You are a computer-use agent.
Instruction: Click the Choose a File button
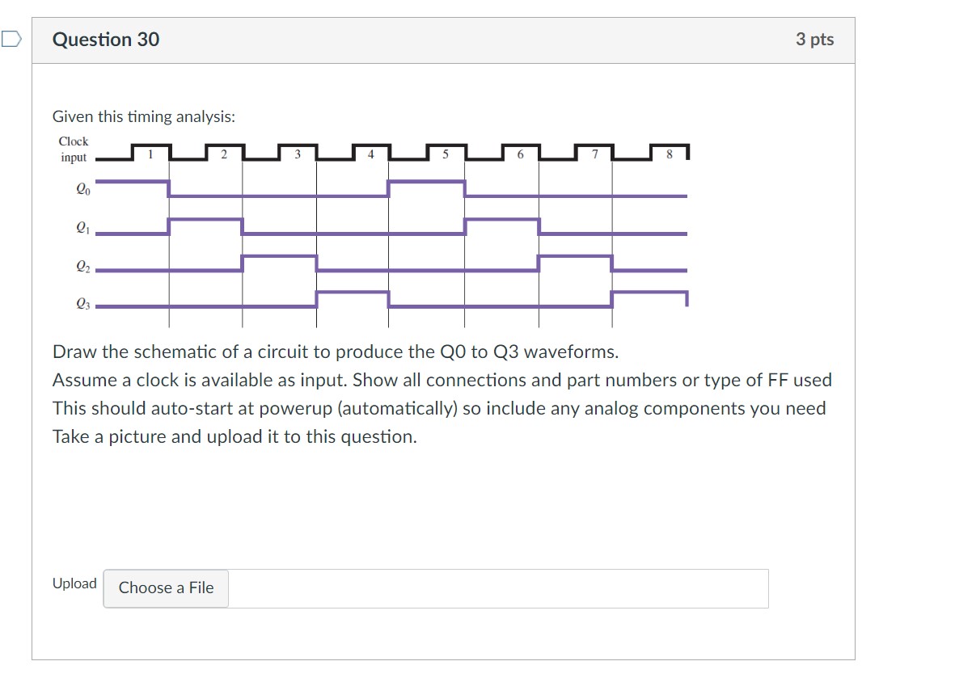coord(166,588)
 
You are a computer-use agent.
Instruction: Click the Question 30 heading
coord(106,40)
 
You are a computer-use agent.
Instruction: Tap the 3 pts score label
coord(814,40)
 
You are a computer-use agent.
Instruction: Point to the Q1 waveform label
coord(78,228)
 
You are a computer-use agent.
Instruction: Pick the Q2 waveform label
coord(78,265)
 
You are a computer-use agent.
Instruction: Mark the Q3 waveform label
coord(78,304)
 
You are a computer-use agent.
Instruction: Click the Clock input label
coord(74,149)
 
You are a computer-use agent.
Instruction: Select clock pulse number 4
coord(371,153)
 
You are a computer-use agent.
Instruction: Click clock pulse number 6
coord(520,153)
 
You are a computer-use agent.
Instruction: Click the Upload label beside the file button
coord(74,583)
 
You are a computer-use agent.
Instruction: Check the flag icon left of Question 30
coord(11,39)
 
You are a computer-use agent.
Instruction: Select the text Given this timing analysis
coord(144,117)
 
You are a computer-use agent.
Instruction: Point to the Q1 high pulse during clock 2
coord(205,219)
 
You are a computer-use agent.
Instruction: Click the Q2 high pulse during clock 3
coord(279,256)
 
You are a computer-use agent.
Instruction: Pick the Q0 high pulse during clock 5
coord(427,181)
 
